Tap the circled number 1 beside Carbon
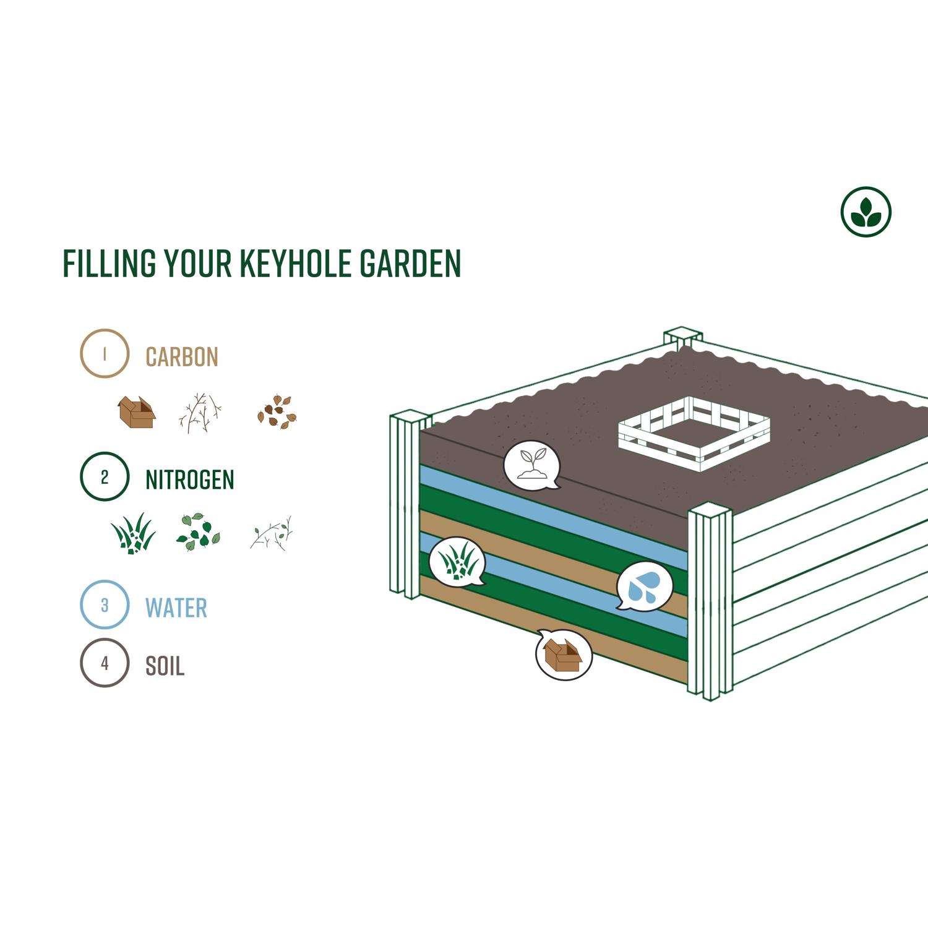coord(105,353)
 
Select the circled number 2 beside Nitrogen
coord(105,476)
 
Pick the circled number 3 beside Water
coord(105,604)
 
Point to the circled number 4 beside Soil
coord(105,663)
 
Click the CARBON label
coord(182,357)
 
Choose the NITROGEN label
coord(190,480)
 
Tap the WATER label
coord(176,608)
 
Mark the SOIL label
coord(165,666)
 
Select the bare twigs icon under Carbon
coord(200,412)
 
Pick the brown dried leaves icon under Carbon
coord(277,413)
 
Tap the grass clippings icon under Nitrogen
coord(133,533)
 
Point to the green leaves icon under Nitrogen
coord(198,532)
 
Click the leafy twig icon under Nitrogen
coord(272,532)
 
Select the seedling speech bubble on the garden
coord(531,465)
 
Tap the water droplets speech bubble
coord(644,586)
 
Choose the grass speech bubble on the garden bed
coord(457,561)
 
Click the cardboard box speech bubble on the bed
coord(564,655)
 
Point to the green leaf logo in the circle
coord(866,212)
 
